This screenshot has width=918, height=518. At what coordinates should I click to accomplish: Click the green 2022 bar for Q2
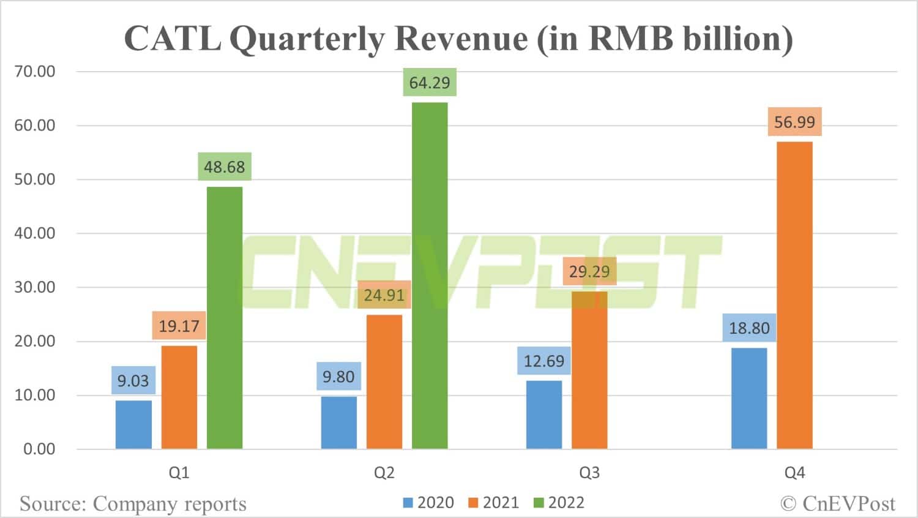(x=430, y=276)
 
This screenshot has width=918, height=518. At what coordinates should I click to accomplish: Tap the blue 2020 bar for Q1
(x=133, y=424)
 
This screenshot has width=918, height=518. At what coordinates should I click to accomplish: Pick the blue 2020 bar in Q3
(x=544, y=415)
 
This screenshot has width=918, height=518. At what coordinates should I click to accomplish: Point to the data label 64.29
(x=430, y=83)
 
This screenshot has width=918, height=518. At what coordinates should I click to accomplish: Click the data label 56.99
(x=794, y=122)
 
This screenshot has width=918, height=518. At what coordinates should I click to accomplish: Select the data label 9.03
(x=133, y=380)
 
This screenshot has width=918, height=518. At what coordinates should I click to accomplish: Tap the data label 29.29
(x=589, y=271)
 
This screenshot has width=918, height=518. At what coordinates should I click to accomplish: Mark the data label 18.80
(x=749, y=328)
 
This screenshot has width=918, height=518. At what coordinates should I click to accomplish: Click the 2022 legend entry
(x=559, y=503)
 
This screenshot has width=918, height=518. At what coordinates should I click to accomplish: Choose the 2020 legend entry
(x=428, y=503)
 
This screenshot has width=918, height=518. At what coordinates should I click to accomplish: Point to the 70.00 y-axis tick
(x=35, y=72)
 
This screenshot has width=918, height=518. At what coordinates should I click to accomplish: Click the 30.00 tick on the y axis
(x=35, y=287)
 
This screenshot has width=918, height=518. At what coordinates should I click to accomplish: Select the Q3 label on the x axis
(x=589, y=473)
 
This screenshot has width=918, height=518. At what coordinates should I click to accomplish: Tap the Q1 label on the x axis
(x=179, y=473)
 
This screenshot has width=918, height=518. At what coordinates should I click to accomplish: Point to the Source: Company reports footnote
(x=133, y=504)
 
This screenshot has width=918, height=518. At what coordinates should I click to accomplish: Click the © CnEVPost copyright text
(x=837, y=503)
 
